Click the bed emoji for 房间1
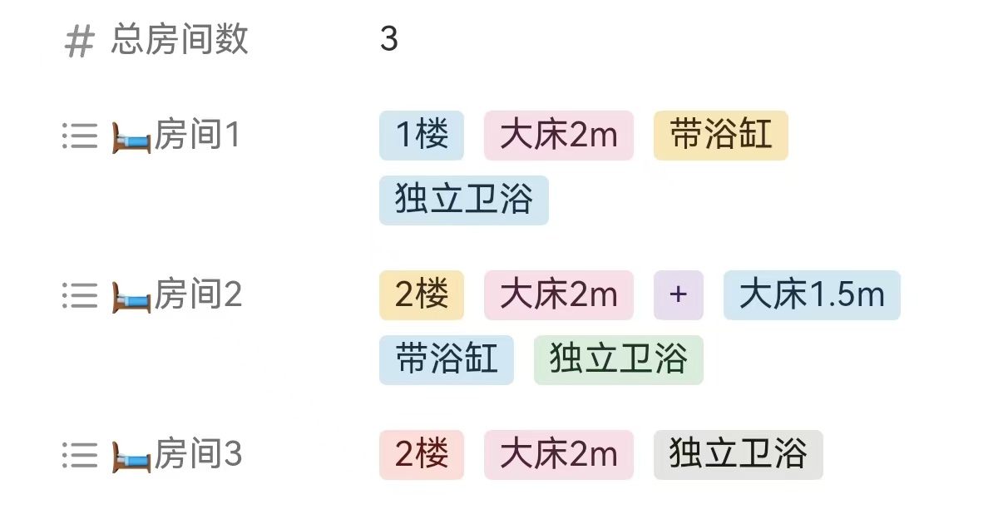click(x=131, y=137)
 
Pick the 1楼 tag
click(x=422, y=136)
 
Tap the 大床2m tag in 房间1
click(x=559, y=136)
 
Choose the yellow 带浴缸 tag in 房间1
click(x=720, y=136)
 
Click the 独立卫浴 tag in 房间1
click(x=464, y=200)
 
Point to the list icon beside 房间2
click(x=80, y=295)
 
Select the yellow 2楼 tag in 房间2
click(x=422, y=295)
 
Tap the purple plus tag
click(x=679, y=295)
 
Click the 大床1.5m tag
click(x=812, y=295)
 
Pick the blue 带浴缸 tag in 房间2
click(x=447, y=360)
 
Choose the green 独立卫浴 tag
click(x=619, y=360)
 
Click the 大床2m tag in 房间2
click(x=559, y=295)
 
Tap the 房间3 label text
click(x=198, y=455)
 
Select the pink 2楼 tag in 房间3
click(x=422, y=455)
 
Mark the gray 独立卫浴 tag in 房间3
click(x=739, y=455)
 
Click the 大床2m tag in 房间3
click(x=559, y=455)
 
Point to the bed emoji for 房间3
click(x=131, y=457)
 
